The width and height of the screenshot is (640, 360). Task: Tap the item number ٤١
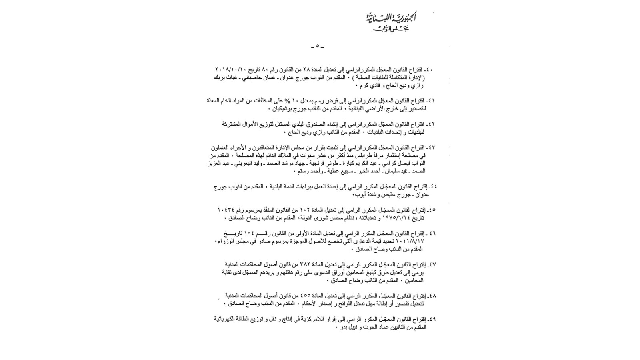point(431,101)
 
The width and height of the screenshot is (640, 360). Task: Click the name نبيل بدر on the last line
point(348,327)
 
